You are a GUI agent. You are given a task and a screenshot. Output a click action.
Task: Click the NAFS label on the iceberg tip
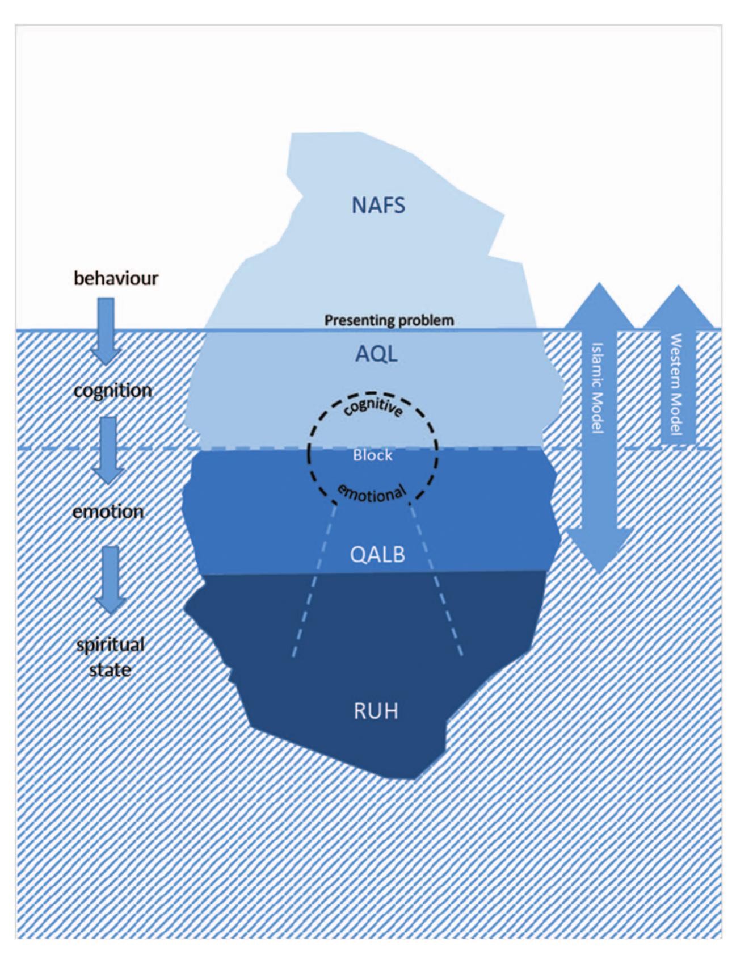(378, 205)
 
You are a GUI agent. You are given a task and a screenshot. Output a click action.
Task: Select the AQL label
(376, 354)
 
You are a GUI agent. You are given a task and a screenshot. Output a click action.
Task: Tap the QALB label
(377, 554)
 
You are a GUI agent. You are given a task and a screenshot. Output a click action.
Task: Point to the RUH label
(376, 711)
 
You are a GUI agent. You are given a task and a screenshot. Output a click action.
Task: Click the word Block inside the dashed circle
(373, 455)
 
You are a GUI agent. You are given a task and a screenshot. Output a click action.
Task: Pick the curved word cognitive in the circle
(373, 407)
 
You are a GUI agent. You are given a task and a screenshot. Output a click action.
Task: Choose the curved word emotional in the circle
(373, 494)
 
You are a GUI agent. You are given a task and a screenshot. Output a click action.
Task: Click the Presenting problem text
(389, 320)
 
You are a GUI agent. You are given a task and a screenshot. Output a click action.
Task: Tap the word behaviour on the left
(116, 278)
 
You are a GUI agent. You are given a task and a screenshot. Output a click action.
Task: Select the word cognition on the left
(112, 391)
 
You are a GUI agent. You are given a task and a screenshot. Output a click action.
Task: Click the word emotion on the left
(108, 512)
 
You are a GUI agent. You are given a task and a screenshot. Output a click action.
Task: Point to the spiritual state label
(111, 657)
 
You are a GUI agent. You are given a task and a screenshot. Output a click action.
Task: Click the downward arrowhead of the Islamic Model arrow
(599, 548)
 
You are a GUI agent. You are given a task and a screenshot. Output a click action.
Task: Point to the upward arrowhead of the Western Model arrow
(678, 307)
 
